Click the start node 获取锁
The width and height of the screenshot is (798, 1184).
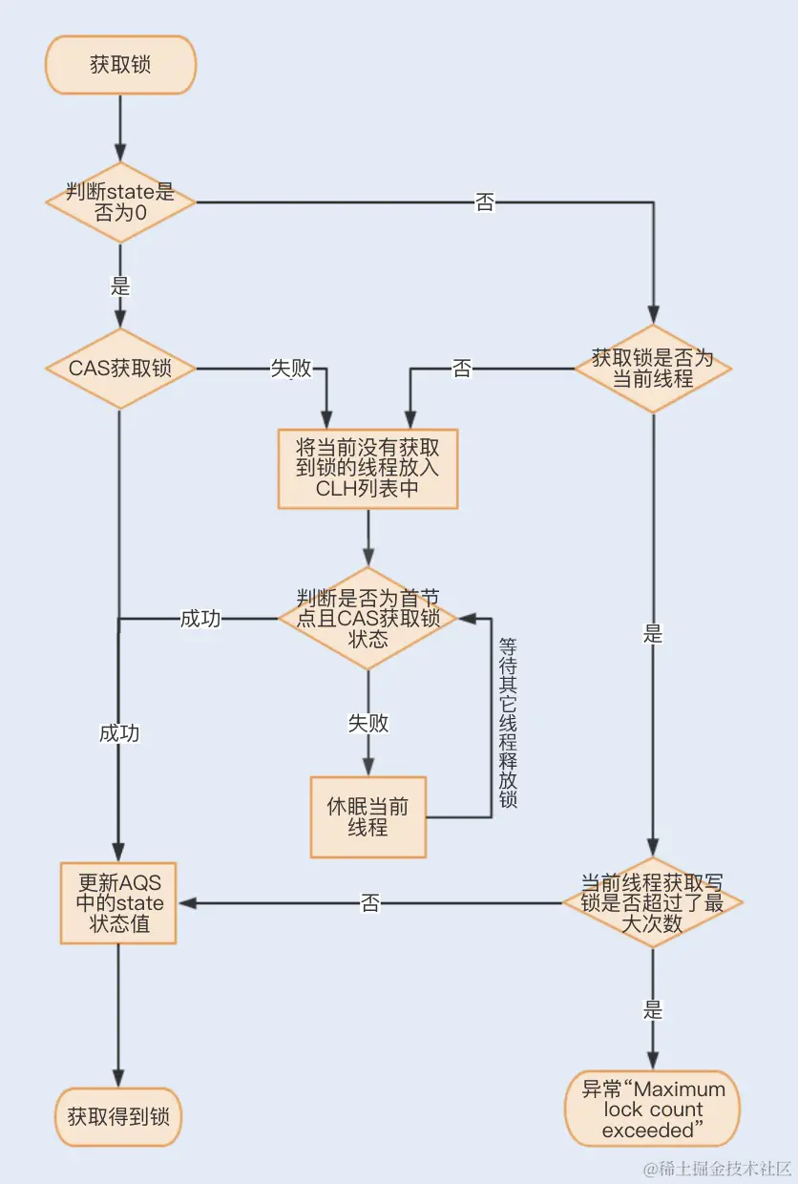(x=120, y=66)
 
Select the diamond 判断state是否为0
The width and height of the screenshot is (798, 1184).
(x=120, y=202)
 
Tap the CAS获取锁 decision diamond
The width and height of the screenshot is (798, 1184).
(x=120, y=369)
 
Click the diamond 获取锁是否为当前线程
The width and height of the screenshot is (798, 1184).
(x=652, y=369)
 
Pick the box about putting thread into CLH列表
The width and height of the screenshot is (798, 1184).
(x=367, y=468)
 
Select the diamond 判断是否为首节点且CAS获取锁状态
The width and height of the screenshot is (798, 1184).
(x=367, y=618)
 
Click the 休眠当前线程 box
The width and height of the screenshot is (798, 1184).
(x=367, y=816)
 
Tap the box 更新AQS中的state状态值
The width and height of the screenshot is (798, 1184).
(x=118, y=903)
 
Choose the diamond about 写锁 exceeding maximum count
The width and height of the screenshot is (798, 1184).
(x=652, y=902)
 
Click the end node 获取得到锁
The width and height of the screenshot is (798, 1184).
(x=118, y=1115)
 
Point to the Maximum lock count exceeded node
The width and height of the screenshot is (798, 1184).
(x=653, y=1110)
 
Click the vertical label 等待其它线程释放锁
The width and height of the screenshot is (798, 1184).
(x=507, y=723)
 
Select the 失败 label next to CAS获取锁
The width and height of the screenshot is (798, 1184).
(x=291, y=369)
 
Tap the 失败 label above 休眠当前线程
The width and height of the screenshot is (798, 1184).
(x=367, y=723)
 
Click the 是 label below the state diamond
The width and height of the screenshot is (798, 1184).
(x=120, y=285)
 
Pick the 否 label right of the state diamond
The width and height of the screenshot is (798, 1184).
(x=485, y=202)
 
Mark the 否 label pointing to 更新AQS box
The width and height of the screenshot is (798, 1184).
(x=370, y=903)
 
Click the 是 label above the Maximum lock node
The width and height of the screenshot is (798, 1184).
(x=653, y=1009)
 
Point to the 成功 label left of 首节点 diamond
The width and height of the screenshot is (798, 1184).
(x=200, y=619)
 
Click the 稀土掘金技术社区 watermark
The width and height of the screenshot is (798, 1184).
(x=717, y=1168)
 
